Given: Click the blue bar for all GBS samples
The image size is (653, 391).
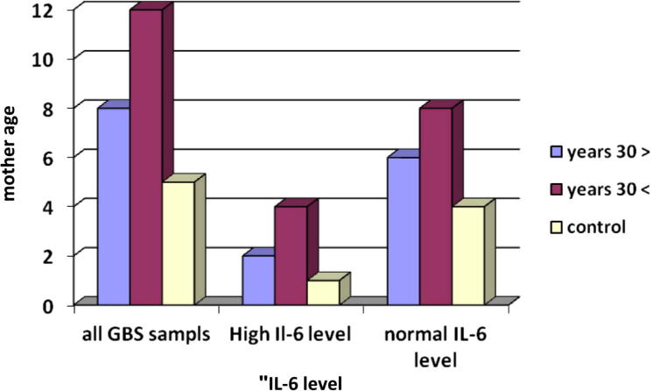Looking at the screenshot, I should [x=114, y=206].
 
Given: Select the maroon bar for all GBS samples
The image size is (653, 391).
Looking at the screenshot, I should [x=146, y=158].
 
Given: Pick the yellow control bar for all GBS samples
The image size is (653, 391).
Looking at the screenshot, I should [x=178, y=243].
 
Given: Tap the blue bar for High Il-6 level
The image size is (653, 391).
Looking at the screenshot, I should [x=259, y=280].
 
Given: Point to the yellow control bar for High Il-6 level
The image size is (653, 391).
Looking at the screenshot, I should [x=322, y=292].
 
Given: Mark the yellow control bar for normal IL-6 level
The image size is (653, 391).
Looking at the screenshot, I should [x=467, y=254].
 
